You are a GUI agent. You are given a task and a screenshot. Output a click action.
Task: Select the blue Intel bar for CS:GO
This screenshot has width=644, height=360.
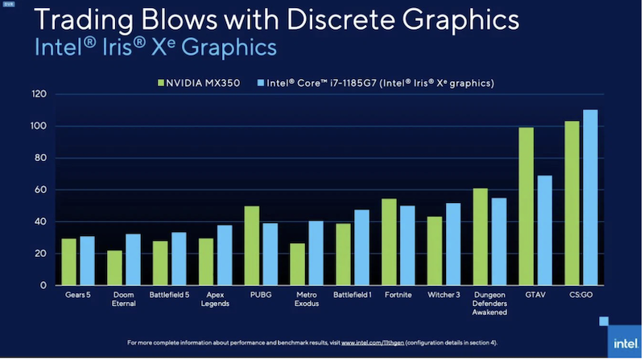click(x=590, y=197)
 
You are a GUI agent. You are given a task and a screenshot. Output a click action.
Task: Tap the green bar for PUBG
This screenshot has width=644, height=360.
click(x=252, y=246)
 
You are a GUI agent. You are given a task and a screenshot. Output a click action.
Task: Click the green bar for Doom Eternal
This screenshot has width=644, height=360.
click(x=115, y=268)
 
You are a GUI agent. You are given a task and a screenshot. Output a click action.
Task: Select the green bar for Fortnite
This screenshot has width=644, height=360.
click(x=389, y=242)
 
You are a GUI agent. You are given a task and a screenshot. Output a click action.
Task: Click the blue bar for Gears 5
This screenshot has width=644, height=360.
click(x=87, y=261)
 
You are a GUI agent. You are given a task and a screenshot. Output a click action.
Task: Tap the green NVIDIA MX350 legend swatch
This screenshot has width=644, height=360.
click(x=160, y=83)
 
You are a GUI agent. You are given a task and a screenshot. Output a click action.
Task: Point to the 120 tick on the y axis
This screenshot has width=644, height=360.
click(x=39, y=94)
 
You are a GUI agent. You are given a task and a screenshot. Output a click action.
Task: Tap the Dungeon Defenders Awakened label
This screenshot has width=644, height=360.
click(x=489, y=304)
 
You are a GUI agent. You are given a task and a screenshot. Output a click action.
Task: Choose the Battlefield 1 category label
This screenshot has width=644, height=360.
click(x=353, y=295)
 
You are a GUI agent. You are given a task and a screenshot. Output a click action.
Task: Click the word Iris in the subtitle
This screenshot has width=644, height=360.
click(x=100, y=48)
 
